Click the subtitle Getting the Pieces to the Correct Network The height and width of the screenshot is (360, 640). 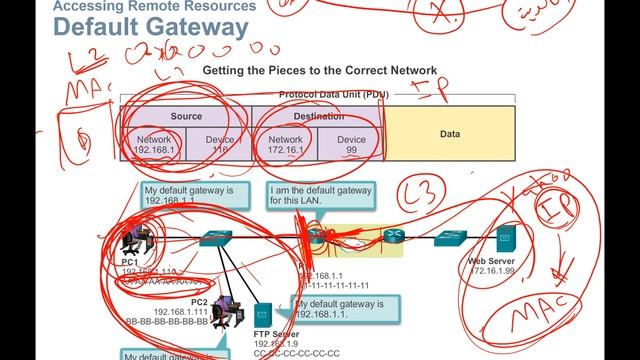pos(319,72)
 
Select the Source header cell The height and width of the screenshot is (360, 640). pos(186,116)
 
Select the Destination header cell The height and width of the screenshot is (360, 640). pos(318,116)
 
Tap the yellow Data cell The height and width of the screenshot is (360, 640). pos(449,133)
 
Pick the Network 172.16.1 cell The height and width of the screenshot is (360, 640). pos(285,146)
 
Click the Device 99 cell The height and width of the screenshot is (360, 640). pos(351,146)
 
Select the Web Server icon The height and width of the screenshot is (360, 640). pos(506,239)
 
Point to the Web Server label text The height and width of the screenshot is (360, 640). pos(491,261)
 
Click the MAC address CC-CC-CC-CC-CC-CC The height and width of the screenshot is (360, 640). pos(297,353)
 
